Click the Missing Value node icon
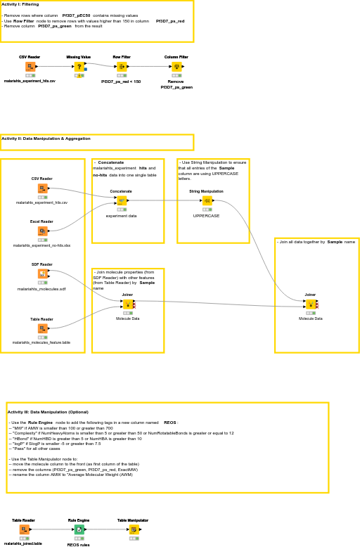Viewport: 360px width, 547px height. [79, 67]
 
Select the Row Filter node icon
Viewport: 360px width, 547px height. [122, 67]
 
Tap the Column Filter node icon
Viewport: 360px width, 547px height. [176, 67]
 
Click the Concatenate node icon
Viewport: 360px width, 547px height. [121, 200]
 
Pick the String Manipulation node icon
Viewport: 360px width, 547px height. [207, 200]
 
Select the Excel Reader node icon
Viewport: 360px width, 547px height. [42, 231]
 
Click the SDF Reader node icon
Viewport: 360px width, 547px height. [42, 273]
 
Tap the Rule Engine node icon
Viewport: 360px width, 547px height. [79, 529]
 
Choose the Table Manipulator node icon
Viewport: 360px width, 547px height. [134, 529]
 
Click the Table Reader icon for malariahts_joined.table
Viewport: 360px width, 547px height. [24, 529]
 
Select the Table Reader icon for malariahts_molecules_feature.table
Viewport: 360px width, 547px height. [42, 328]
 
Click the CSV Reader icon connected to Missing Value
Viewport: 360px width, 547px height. [30, 67]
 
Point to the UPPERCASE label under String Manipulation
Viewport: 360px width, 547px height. [207, 216]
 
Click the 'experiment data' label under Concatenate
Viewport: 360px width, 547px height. [121, 216]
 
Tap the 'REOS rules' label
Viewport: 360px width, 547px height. [79, 544]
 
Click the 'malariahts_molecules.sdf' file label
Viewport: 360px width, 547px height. [41, 289]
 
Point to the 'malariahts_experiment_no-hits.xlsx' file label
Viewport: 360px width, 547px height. [41, 245]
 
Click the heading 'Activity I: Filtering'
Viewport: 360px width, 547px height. [20, 4]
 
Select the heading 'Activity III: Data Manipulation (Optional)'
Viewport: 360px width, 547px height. [48, 412]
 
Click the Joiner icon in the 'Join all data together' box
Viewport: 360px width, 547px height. [311, 304]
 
